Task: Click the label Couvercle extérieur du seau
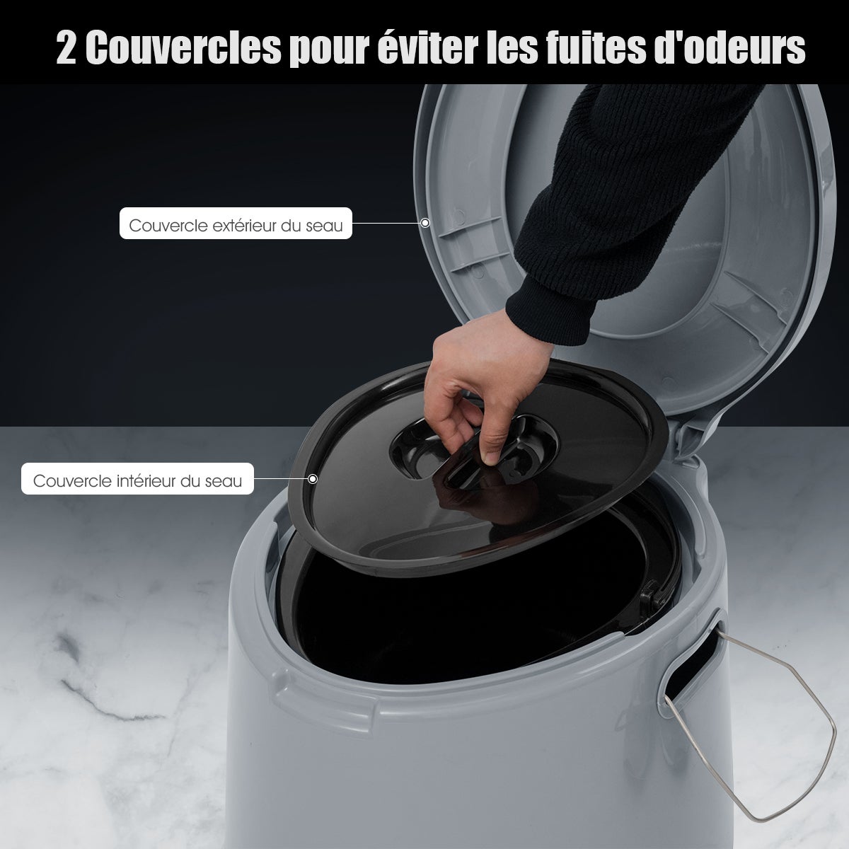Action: click(x=236, y=226)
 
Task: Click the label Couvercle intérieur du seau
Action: click(x=138, y=481)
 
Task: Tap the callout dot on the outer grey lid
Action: click(x=425, y=223)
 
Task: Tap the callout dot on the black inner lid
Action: click(x=313, y=478)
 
